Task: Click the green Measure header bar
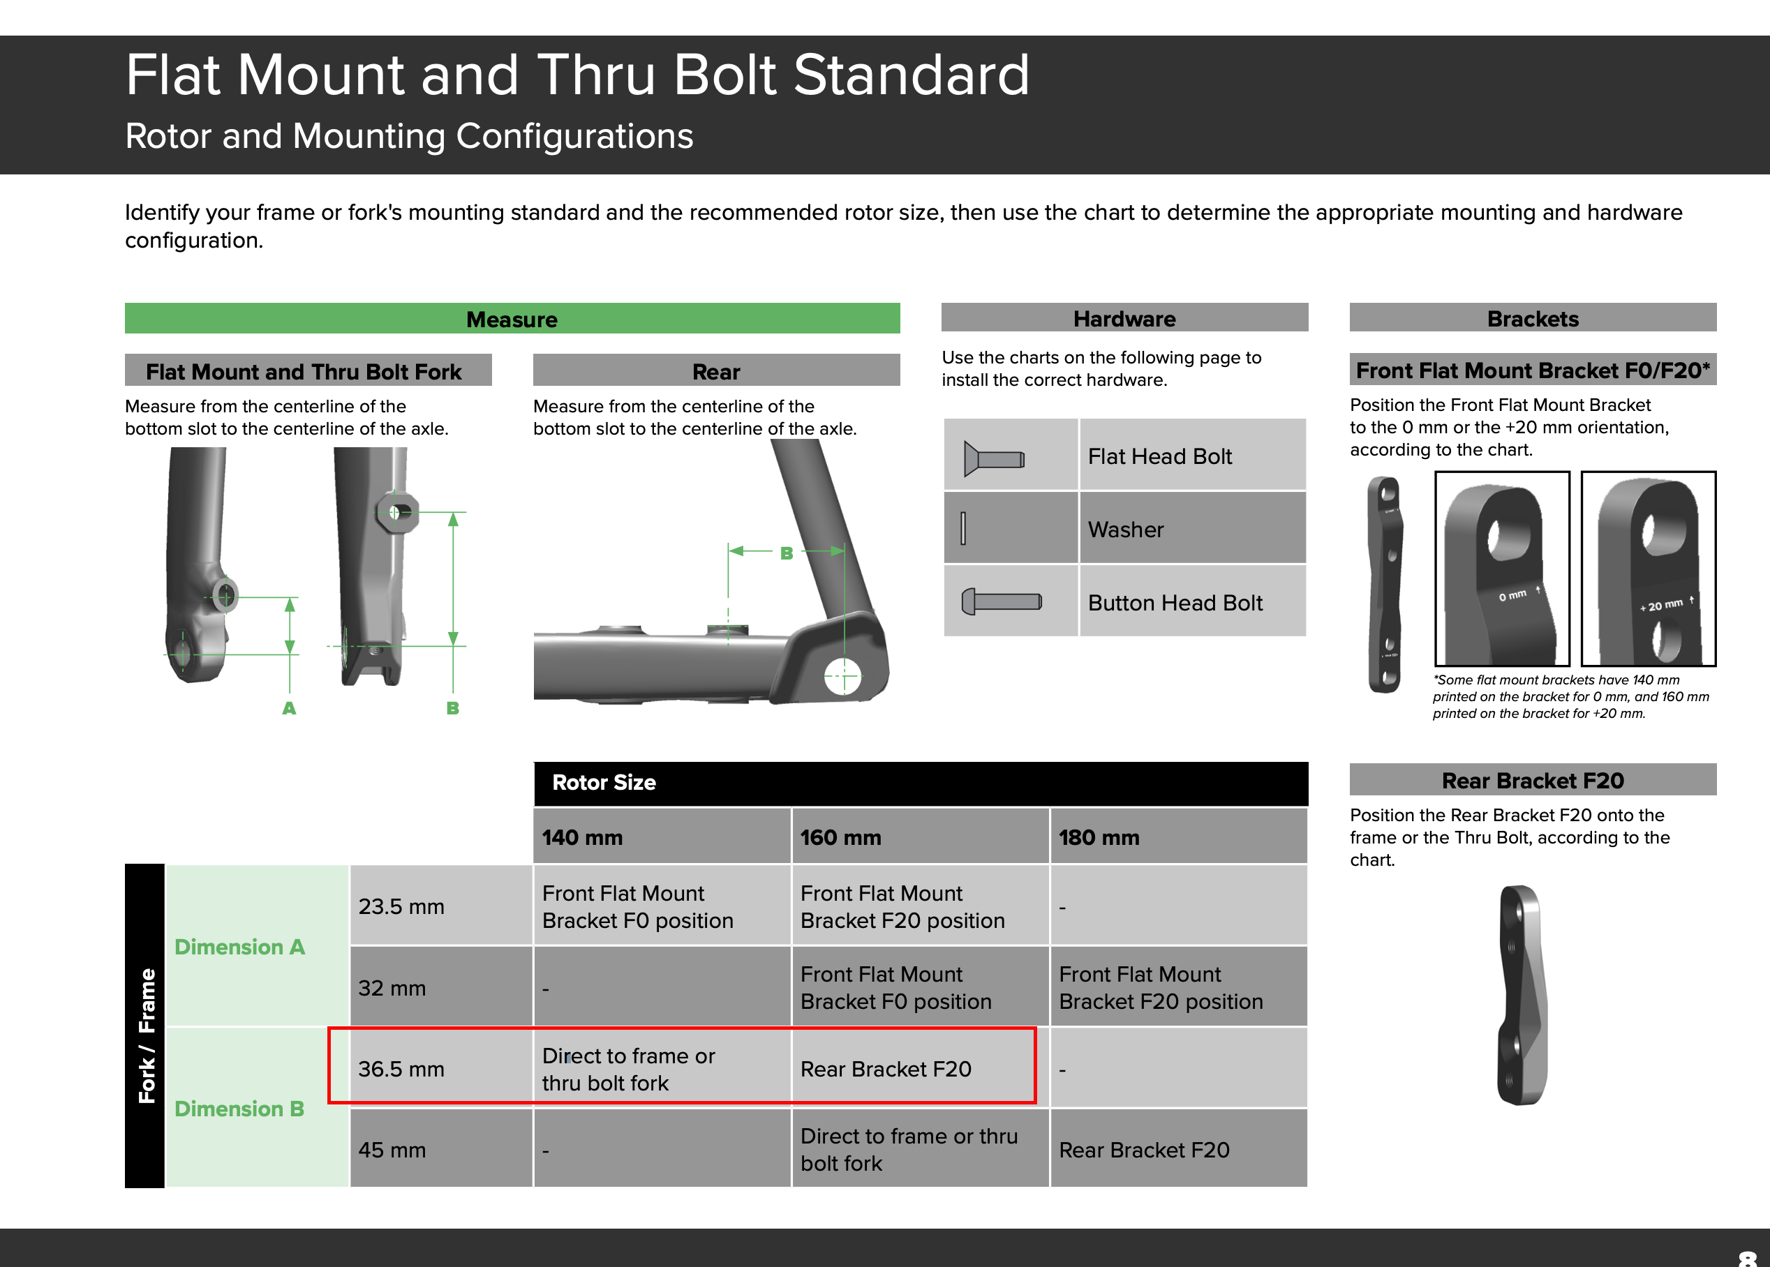point(512,318)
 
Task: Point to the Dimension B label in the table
point(239,1109)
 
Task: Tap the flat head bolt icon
point(993,458)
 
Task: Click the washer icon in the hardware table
point(963,528)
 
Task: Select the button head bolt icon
point(1002,601)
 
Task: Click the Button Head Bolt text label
point(1175,602)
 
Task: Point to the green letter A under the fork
point(289,707)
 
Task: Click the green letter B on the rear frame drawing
point(787,553)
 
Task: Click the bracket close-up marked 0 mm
point(1501,568)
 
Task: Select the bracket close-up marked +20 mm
point(1649,568)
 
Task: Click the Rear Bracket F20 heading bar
point(1532,780)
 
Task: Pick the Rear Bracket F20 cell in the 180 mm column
point(1144,1150)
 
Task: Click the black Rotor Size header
point(920,783)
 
